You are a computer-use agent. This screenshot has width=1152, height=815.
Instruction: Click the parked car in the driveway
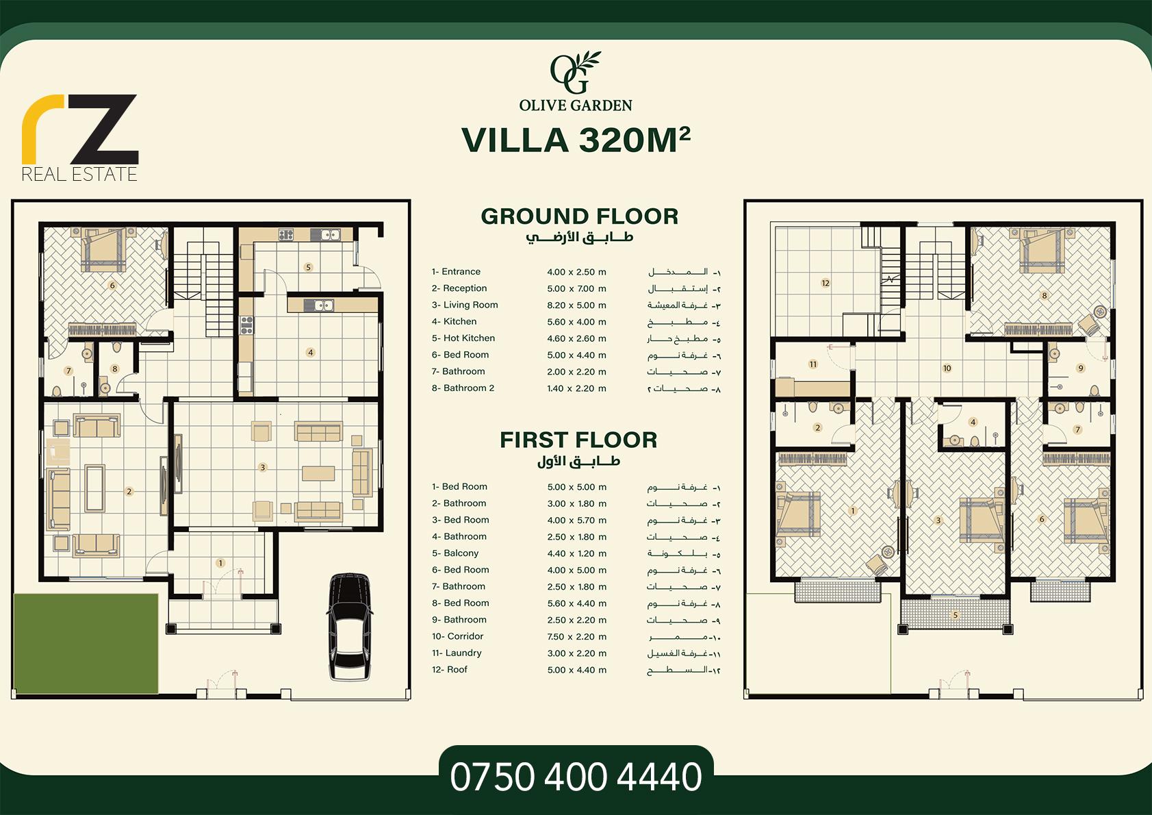click(x=349, y=626)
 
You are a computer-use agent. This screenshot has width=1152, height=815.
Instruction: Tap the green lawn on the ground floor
click(x=86, y=644)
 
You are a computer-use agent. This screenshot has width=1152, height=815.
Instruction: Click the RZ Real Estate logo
click(x=79, y=138)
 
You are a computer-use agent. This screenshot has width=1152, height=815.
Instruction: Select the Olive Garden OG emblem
click(x=575, y=73)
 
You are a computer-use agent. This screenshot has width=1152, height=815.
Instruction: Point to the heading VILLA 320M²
click(x=576, y=140)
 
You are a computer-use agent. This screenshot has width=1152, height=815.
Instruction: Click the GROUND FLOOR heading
click(x=580, y=216)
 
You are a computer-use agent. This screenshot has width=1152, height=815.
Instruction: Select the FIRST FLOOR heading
click(x=578, y=440)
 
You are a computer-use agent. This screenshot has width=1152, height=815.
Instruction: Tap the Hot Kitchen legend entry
click(x=463, y=338)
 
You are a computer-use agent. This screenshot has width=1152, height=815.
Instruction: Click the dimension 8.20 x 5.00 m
click(x=576, y=305)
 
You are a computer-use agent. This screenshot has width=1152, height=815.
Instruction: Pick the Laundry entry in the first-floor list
click(x=457, y=653)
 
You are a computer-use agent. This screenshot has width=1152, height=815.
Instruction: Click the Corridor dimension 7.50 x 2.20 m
click(x=576, y=636)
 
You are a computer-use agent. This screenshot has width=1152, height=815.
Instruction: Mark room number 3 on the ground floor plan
click(x=263, y=467)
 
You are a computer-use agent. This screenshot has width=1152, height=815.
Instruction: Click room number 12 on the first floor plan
click(x=825, y=283)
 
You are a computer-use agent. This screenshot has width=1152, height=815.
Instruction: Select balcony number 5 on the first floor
click(x=956, y=615)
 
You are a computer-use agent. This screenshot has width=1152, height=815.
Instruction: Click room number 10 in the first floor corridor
click(x=947, y=368)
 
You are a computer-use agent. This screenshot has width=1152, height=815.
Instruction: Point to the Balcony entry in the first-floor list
click(x=455, y=553)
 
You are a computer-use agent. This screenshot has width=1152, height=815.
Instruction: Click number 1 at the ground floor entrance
click(x=220, y=563)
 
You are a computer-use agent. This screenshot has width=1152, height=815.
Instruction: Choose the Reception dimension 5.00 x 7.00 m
click(x=576, y=288)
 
